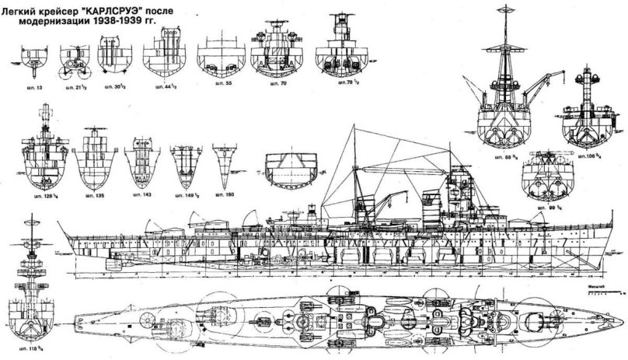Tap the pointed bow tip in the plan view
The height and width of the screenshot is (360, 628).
(618, 317)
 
